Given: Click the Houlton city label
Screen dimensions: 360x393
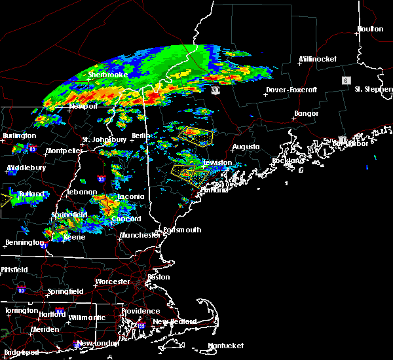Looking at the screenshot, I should click(x=369, y=29).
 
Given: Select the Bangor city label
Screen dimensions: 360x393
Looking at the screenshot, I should click(x=306, y=114).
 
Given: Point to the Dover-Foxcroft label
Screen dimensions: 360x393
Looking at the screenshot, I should click(x=291, y=90).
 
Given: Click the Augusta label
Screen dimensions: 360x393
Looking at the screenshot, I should click(x=247, y=147).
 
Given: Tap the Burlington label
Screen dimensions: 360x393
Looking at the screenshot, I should click(x=20, y=136).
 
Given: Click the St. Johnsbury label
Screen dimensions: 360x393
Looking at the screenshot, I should click(x=104, y=139).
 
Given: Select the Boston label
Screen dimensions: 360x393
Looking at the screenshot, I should click(x=159, y=277).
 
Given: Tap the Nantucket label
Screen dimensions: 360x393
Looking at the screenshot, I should click(x=225, y=346).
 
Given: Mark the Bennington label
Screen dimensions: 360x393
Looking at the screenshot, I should click(x=20, y=243).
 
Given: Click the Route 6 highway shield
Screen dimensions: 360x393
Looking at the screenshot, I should click(x=344, y=79).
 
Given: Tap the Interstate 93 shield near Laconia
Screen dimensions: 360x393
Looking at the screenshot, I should click(x=101, y=178).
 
